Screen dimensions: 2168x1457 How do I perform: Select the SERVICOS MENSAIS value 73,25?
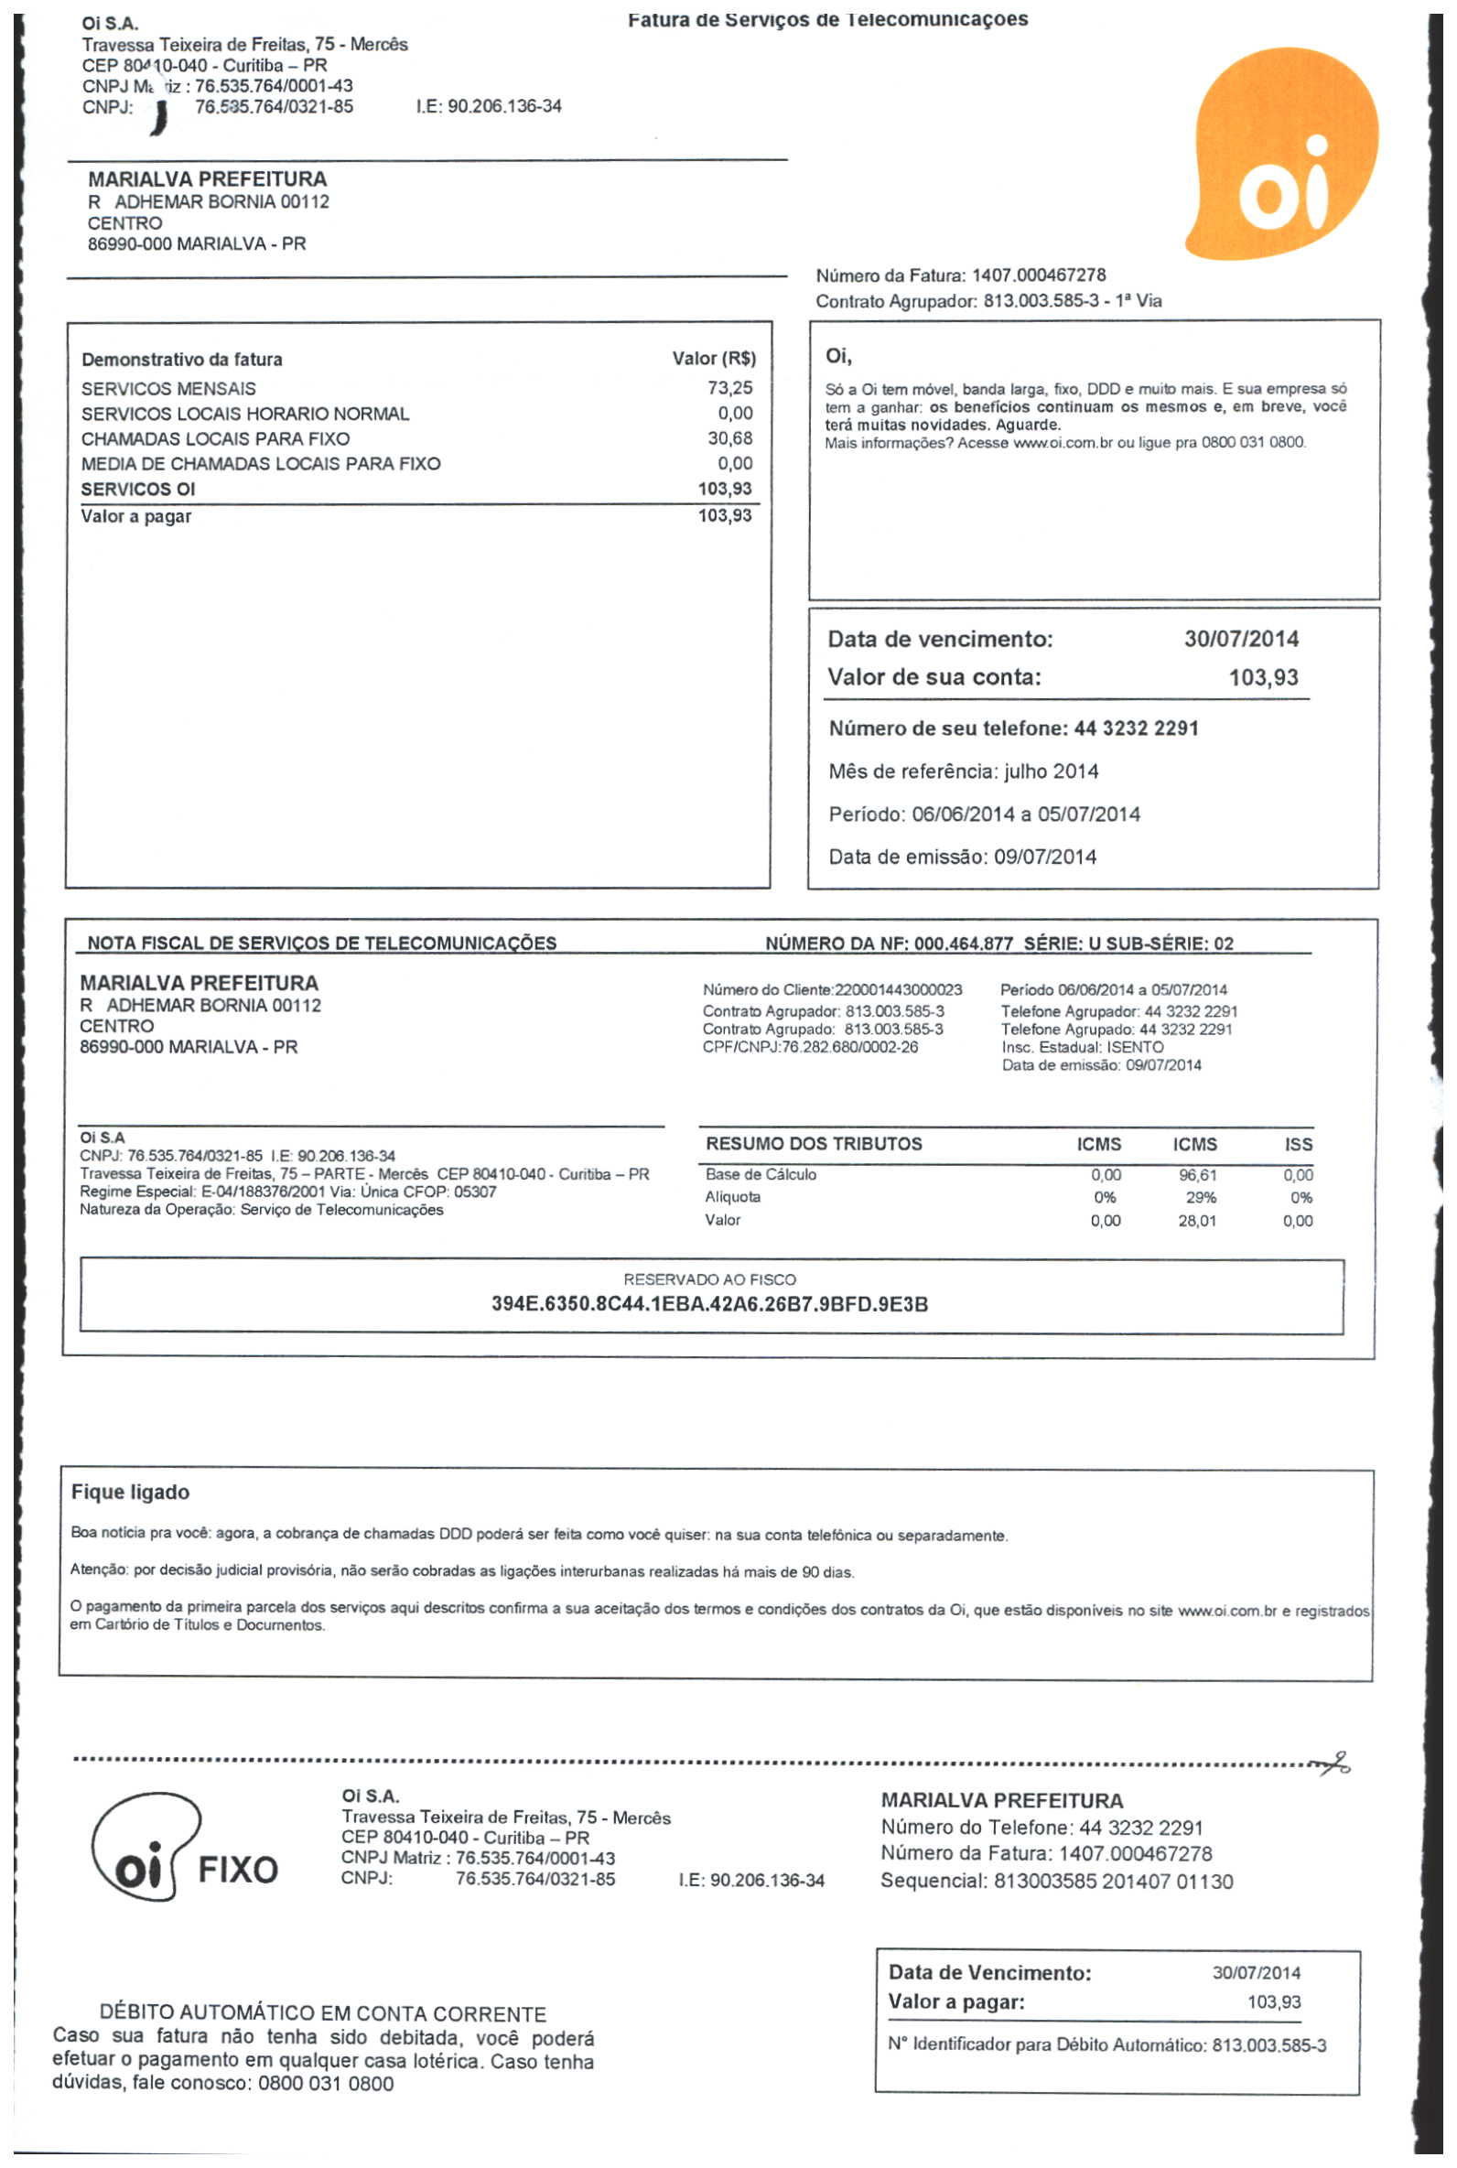click(729, 388)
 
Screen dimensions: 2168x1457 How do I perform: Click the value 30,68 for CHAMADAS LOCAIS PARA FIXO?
click(729, 438)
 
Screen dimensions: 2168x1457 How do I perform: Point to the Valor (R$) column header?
click(714, 359)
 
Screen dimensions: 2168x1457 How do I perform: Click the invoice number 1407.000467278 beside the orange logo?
click(1038, 275)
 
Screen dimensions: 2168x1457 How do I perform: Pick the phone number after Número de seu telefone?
click(1136, 728)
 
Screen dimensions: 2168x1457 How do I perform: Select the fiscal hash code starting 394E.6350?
click(709, 1304)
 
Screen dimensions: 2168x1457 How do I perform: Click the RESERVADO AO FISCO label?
click(709, 1279)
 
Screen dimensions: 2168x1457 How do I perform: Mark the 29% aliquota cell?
click(1201, 1197)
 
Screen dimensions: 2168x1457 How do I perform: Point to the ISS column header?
click(1298, 1144)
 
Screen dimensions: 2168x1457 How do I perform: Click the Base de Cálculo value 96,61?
click(1197, 1175)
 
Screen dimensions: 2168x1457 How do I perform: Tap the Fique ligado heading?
click(130, 1492)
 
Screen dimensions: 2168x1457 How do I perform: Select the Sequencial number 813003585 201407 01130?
click(1113, 1881)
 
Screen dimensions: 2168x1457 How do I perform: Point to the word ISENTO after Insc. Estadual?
click(1135, 1047)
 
